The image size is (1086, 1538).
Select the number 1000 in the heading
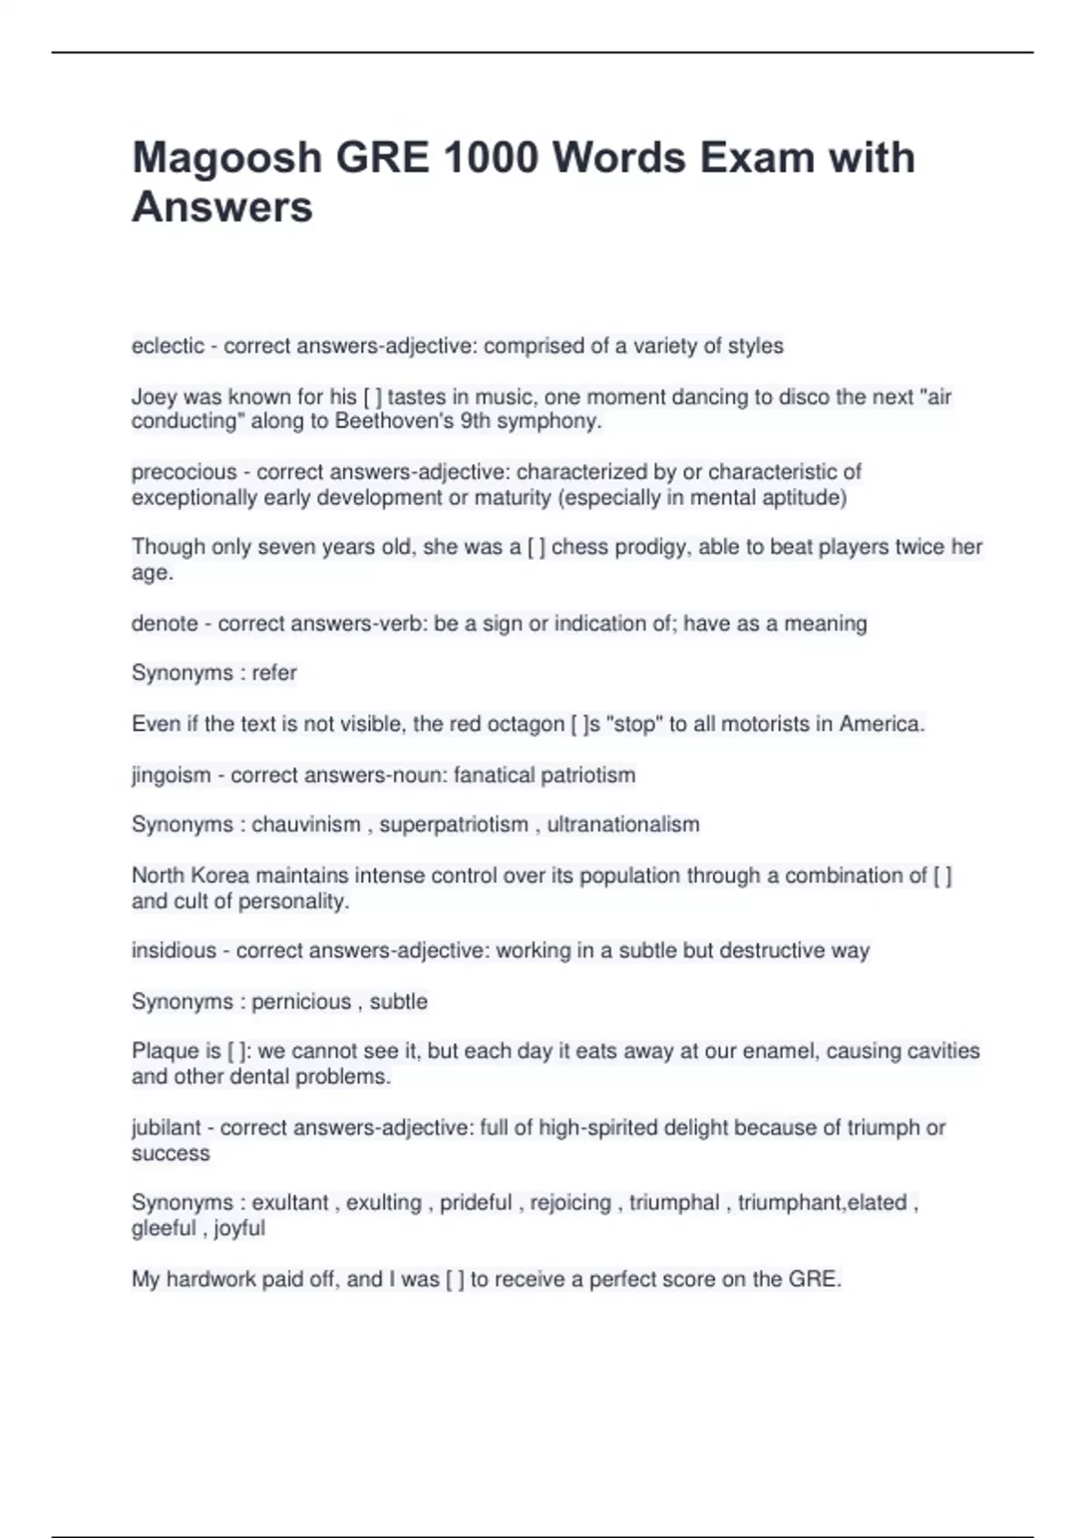point(491,158)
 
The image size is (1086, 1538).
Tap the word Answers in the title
point(223,207)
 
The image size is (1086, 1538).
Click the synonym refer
point(274,673)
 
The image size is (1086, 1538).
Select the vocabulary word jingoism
point(171,775)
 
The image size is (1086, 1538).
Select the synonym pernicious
point(301,1002)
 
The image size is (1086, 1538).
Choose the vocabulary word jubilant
point(167,1128)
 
